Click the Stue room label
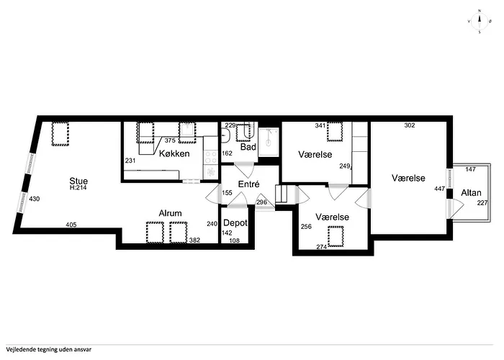(x=78, y=181)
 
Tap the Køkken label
(x=174, y=153)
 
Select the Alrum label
(x=170, y=213)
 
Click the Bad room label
(x=248, y=147)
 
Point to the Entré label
(x=248, y=184)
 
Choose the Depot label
(x=235, y=222)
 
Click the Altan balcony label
(x=471, y=193)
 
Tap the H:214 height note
(x=78, y=188)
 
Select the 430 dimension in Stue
(x=35, y=199)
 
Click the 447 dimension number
(x=440, y=189)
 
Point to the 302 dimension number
(x=410, y=125)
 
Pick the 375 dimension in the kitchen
(x=170, y=140)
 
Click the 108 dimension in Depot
(x=234, y=240)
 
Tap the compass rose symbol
(x=480, y=22)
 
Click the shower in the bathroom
(x=269, y=142)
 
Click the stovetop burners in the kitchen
(x=211, y=158)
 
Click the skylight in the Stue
(x=60, y=134)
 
